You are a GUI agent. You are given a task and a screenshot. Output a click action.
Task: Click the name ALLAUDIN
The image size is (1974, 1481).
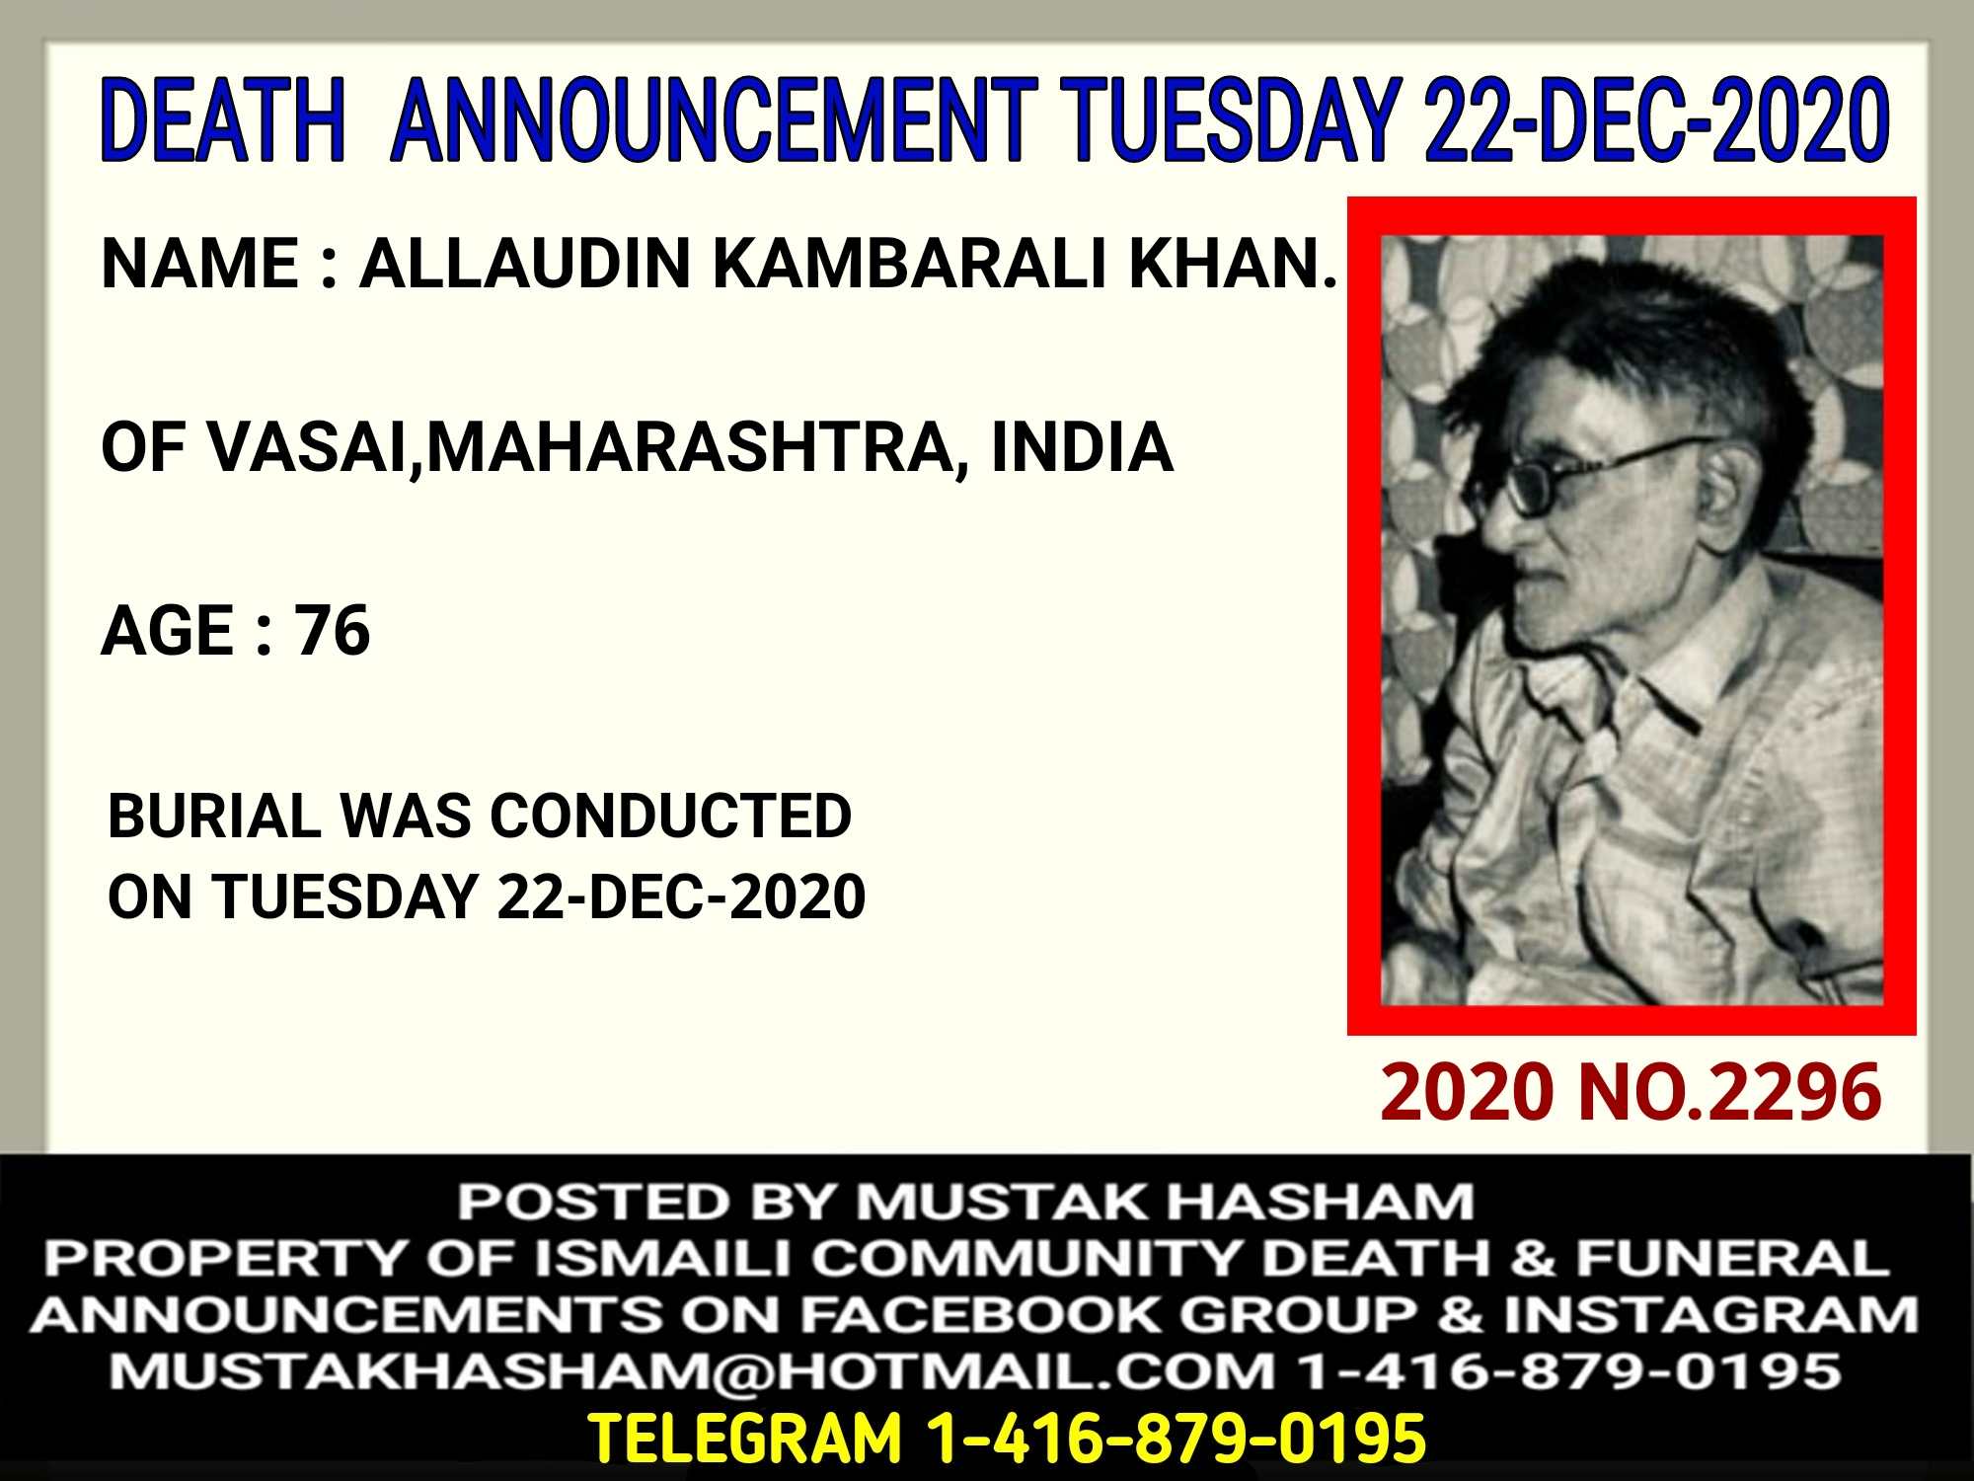(x=524, y=264)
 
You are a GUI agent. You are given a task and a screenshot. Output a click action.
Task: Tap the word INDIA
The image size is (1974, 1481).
(x=1082, y=447)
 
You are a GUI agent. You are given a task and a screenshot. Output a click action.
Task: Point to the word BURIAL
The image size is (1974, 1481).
(x=214, y=817)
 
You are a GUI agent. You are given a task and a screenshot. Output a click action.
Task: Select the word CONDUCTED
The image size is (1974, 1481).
(x=670, y=817)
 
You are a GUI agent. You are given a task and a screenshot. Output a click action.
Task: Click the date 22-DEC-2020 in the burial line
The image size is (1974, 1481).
(x=681, y=896)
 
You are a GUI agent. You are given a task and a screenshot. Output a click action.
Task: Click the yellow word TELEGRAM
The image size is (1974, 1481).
(x=745, y=1438)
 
